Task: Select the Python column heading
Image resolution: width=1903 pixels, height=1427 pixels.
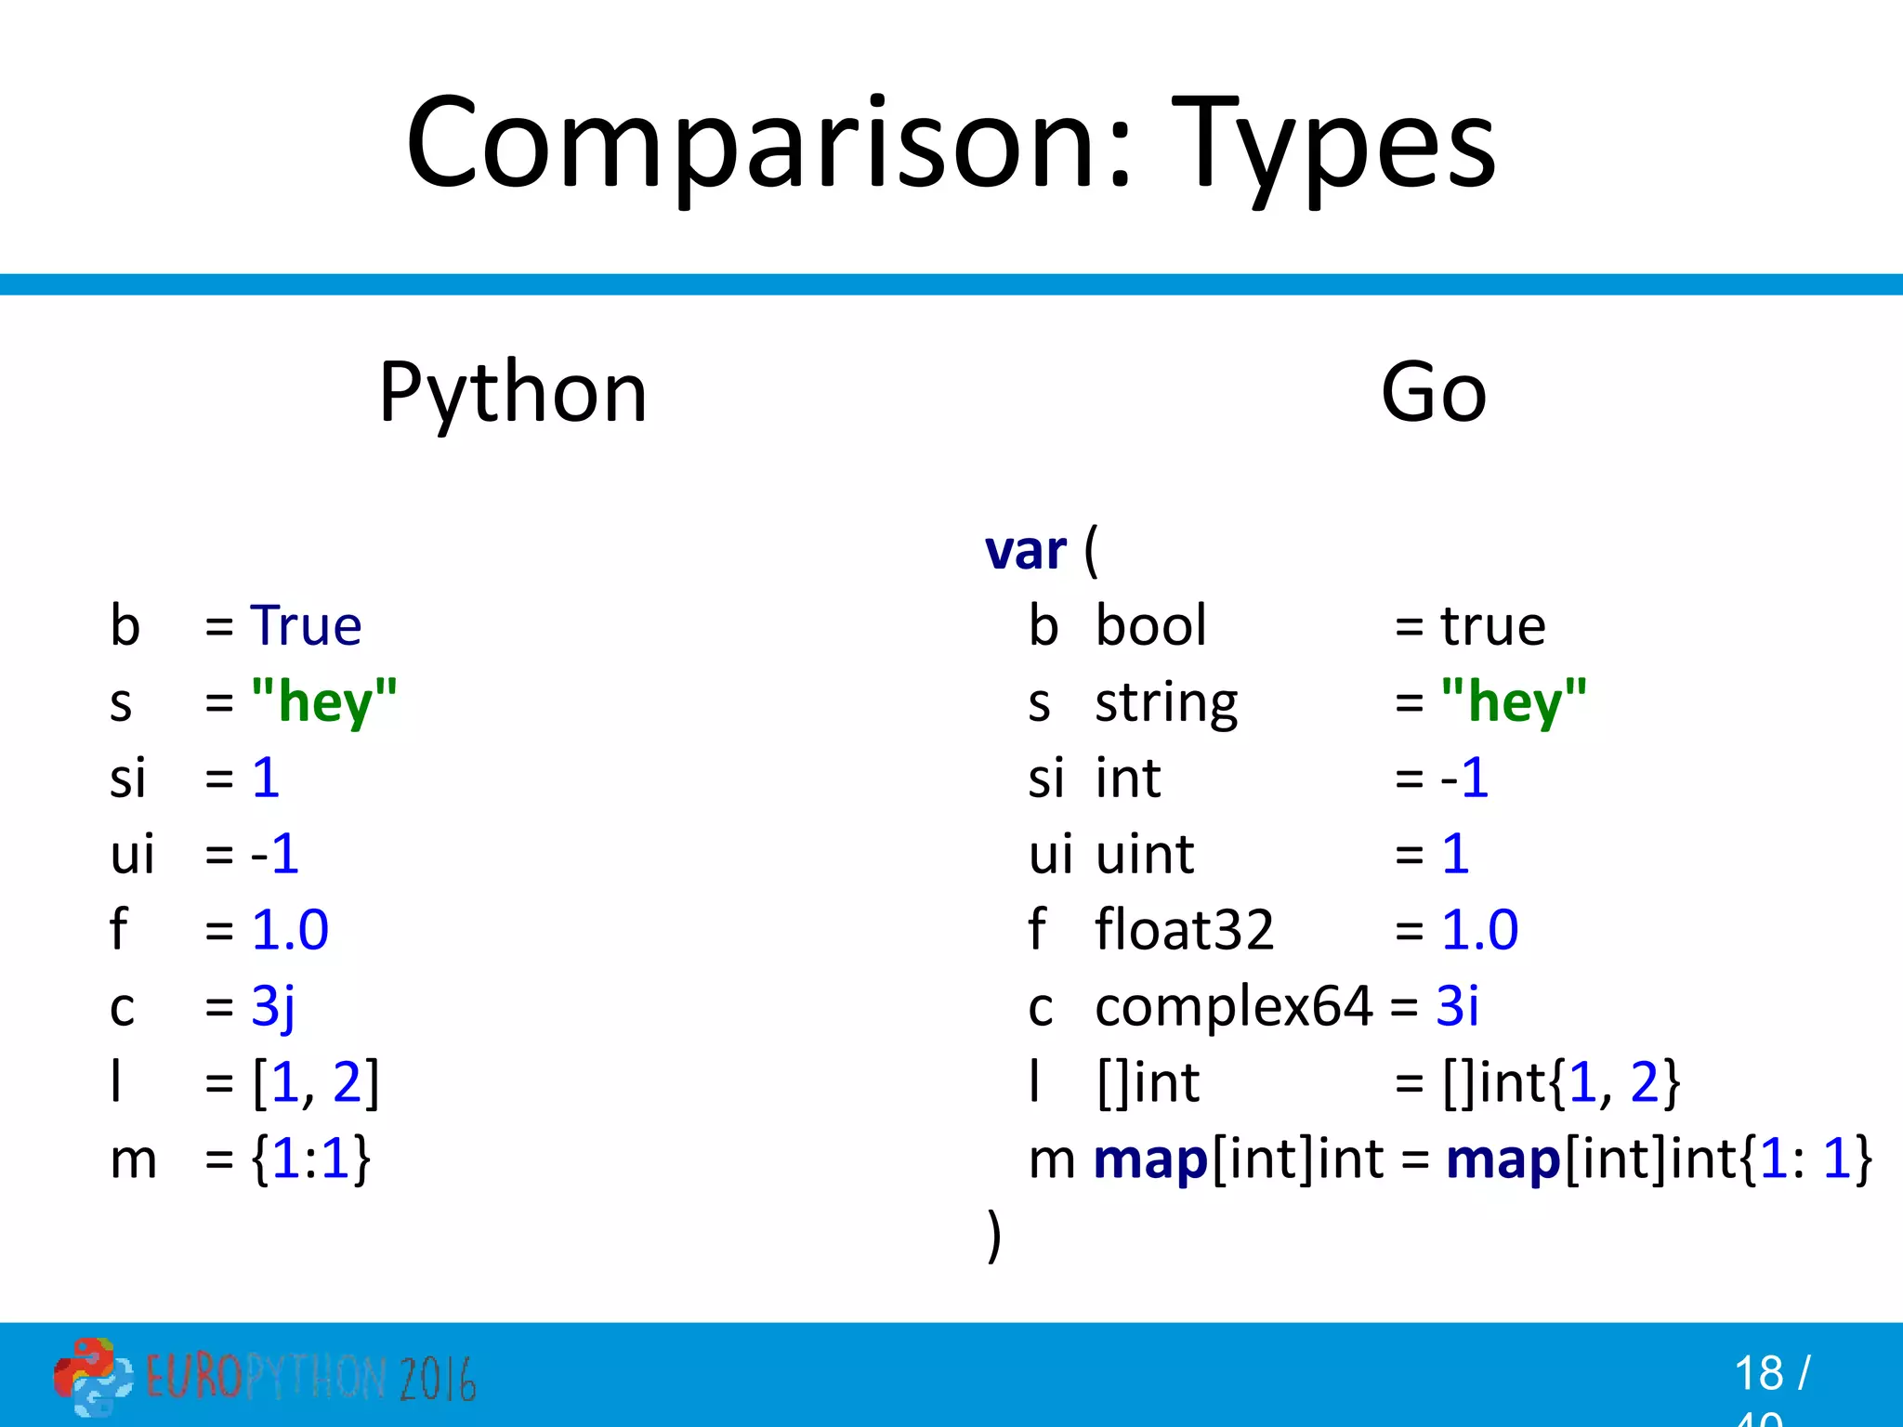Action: (x=513, y=393)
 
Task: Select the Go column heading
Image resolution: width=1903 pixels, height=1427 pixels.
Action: (x=1433, y=393)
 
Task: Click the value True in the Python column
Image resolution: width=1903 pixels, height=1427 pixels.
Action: (x=306, y=625)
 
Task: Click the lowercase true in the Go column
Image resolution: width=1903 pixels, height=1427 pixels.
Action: (x=1492, y=625)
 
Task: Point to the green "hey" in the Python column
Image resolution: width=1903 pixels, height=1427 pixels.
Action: (x=324, y=701)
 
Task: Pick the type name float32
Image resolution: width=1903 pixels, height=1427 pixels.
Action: (x=1184, y=929)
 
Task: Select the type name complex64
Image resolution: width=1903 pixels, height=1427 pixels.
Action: (x=1233, y=1005)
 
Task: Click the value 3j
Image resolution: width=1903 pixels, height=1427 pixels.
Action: (x=273, y=1007)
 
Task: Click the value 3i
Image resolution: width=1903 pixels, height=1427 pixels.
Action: (x=1457, y=1005)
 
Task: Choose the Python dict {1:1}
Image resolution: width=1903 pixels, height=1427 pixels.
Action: (x=311, y=1159)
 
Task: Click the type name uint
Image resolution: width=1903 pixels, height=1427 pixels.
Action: (x=1145, y=854)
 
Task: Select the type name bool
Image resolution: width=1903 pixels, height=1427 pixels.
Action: (x=1150, y=625)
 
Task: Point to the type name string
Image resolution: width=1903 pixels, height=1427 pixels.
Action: (x=1166, y=703)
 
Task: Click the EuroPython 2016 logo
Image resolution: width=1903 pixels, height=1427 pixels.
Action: (x=265, y=1377)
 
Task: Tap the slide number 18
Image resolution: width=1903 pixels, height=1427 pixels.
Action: (x=1758, y=1373)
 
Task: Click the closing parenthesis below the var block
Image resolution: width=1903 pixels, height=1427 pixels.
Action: (x=994, y=1236)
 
